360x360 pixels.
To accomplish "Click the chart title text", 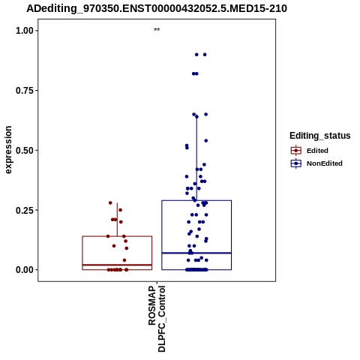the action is (157, 8).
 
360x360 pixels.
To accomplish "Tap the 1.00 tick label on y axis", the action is (25, 31).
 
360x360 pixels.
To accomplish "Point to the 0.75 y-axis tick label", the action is (25, 90).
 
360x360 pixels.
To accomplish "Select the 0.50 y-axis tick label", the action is (25, 150).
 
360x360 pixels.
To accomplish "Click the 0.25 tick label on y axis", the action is (25, 210).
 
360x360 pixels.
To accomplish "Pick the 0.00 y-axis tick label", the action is (25, 270).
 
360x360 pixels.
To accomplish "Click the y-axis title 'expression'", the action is (8, 150).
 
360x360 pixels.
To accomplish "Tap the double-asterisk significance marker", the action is (157, 30).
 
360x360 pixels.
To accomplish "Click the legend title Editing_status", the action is (320, 136).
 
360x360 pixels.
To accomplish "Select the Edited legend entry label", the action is (317, 151).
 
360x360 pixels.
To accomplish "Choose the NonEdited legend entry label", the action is (325, 163).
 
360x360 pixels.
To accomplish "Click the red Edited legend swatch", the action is (296, 151).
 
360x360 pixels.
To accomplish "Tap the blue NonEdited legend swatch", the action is (296, 163).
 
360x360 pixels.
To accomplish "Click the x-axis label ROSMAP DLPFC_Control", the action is (157, 319).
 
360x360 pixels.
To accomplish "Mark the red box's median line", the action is (117, 265).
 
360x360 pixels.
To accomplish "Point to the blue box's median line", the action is (196, 253).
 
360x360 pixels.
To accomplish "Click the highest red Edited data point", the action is (110, 202).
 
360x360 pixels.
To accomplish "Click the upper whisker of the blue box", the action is (196, 158).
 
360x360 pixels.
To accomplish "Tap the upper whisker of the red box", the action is (117, 220).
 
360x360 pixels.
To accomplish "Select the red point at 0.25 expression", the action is (120, 210).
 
